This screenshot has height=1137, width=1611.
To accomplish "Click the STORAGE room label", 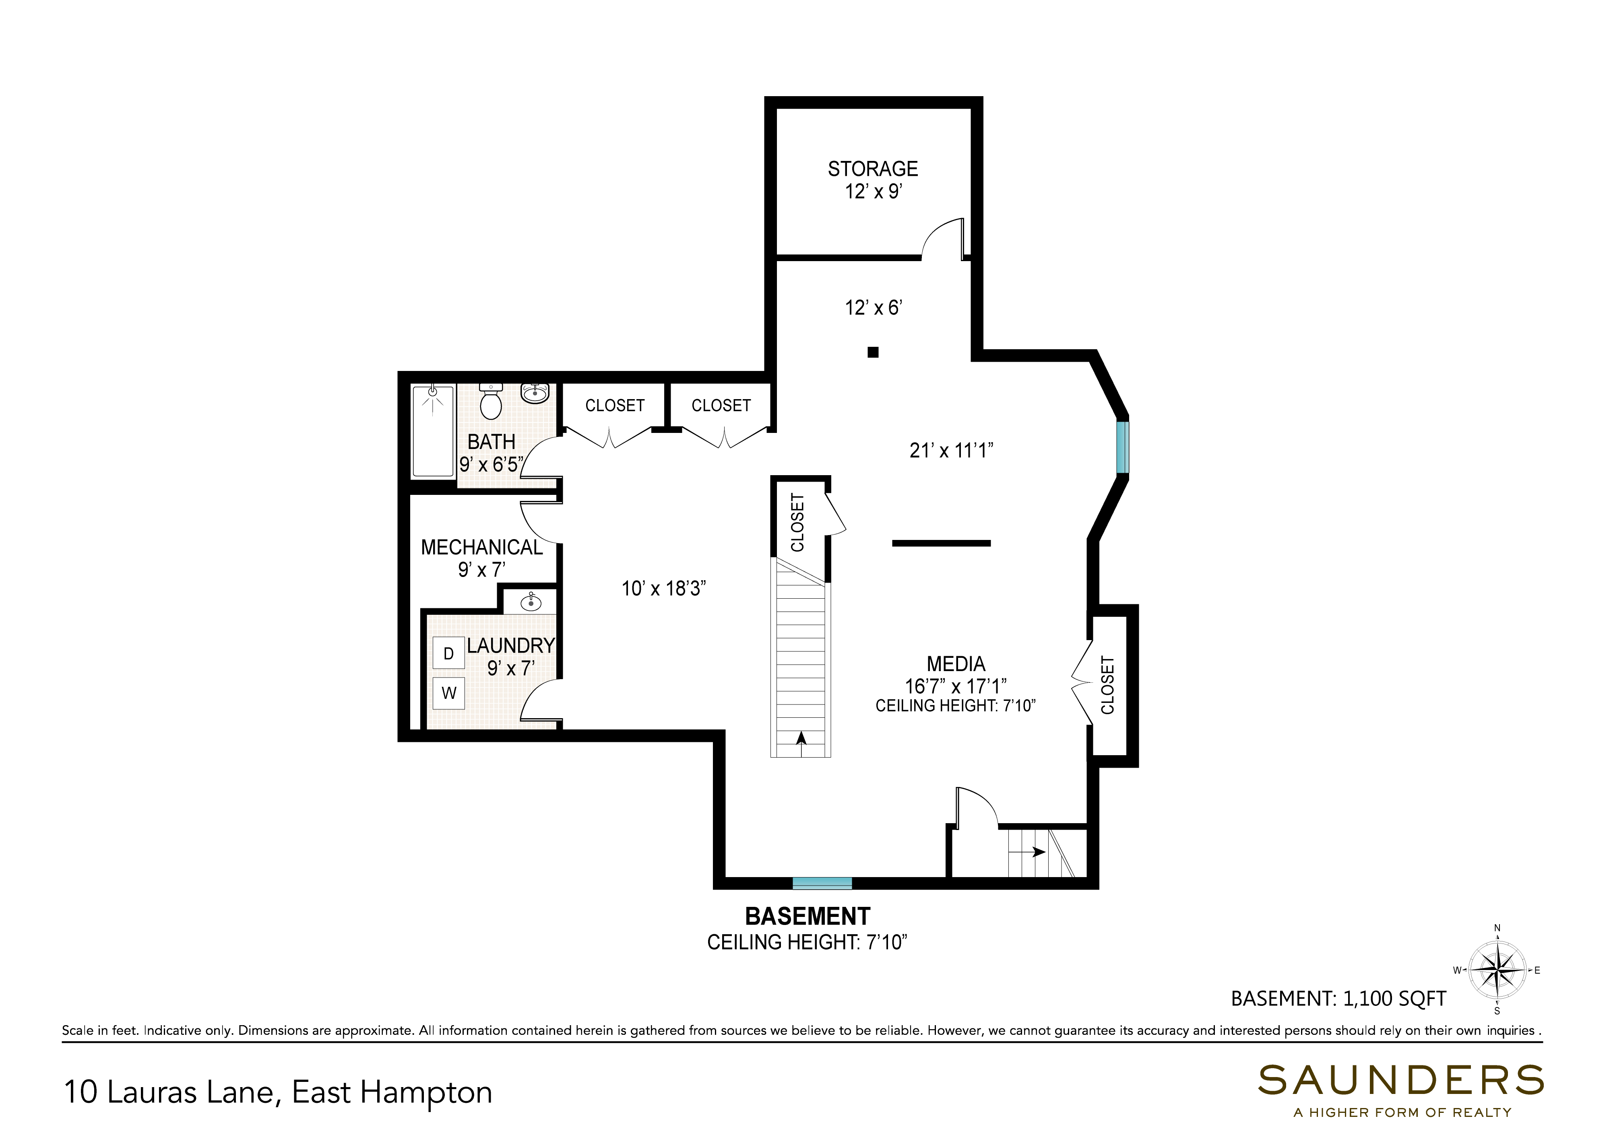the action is tap(872, 169).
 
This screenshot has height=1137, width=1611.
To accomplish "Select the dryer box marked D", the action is tap(448, 654).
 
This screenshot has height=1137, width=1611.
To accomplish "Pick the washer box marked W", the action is tap(448, 693).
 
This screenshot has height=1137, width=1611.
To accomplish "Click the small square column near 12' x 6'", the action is tap(873, 352).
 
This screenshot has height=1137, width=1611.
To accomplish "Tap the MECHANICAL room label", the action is tap(481, 547).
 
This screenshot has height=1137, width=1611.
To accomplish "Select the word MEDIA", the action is tap(956, 663).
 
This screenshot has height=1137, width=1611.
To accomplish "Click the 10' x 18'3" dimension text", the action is tap(663, 589).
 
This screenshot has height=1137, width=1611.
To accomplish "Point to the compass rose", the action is tap(1497, 971).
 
